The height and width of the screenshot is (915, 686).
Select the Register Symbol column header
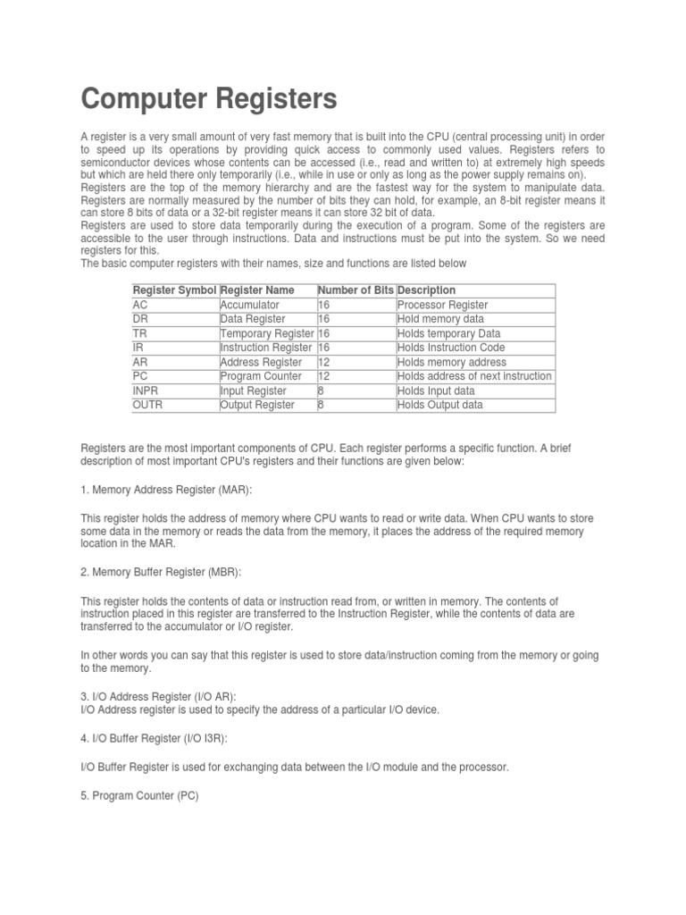pos(174,290)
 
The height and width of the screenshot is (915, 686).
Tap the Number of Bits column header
pos(356,290)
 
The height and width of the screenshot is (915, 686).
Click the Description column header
pos(427,290)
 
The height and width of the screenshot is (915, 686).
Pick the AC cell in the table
pos(140,305)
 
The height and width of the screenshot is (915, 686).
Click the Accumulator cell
pos(250,305)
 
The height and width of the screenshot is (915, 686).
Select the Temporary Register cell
pos(267,333)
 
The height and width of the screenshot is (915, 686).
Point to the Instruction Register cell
pos(266,348)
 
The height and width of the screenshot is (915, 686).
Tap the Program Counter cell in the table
pos(261,376)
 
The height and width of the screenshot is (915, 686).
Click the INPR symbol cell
pos(147,390)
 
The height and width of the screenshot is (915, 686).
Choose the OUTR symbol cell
pos(148,405)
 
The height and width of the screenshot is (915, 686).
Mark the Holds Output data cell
pos(440,405)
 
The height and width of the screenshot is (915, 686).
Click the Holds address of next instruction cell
pos(474,376)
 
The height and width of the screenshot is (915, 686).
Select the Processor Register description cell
pos(443,305)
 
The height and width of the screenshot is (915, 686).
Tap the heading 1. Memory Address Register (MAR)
pos(167,491)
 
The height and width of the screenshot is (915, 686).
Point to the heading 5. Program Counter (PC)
pos(139,795)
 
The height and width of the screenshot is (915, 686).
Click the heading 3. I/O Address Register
pos(159,696)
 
